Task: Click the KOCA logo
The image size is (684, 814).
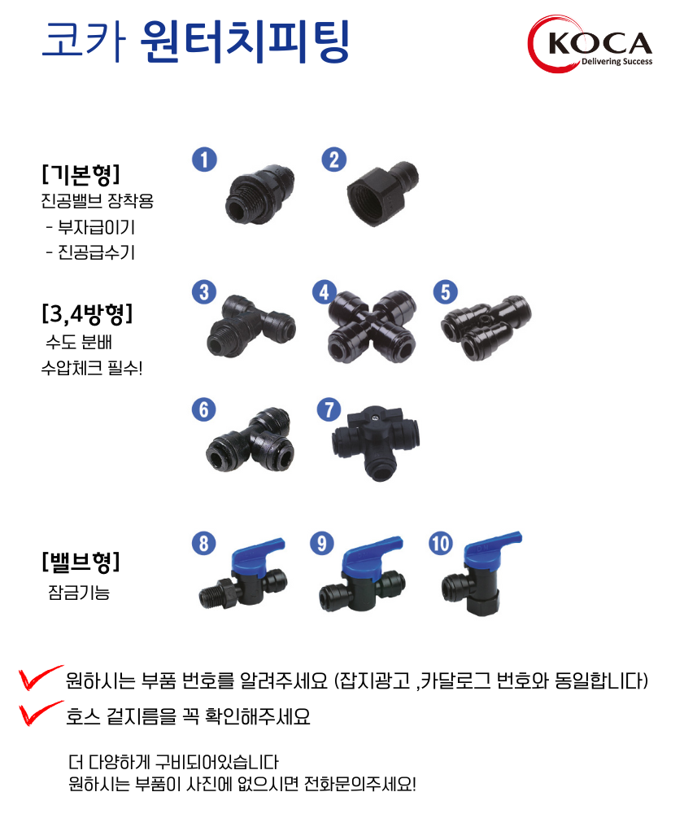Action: (x=590, y=44)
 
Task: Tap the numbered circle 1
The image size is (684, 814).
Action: (x=204, y=160)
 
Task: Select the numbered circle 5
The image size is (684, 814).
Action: (x=446, y=291)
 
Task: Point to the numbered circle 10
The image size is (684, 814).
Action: (x=441, y=543)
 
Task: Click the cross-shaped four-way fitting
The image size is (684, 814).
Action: (x=372, y=326)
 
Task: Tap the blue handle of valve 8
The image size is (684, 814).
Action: (x=258, y=556)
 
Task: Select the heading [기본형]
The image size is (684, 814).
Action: (x=81, y=174)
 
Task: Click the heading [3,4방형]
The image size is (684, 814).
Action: (x=87, y=313)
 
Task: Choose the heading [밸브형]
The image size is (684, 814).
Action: (x=81, y=561)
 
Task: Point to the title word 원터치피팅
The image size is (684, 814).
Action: (x=246, y=42)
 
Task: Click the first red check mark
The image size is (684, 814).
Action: (x=40, y=677)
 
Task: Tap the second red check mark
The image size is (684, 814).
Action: (x=40, y=712)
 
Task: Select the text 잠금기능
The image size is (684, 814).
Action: (x=79, y=592)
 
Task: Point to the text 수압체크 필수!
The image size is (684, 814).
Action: (x=92, y=368)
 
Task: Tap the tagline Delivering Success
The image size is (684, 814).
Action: (x=616, y=61)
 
